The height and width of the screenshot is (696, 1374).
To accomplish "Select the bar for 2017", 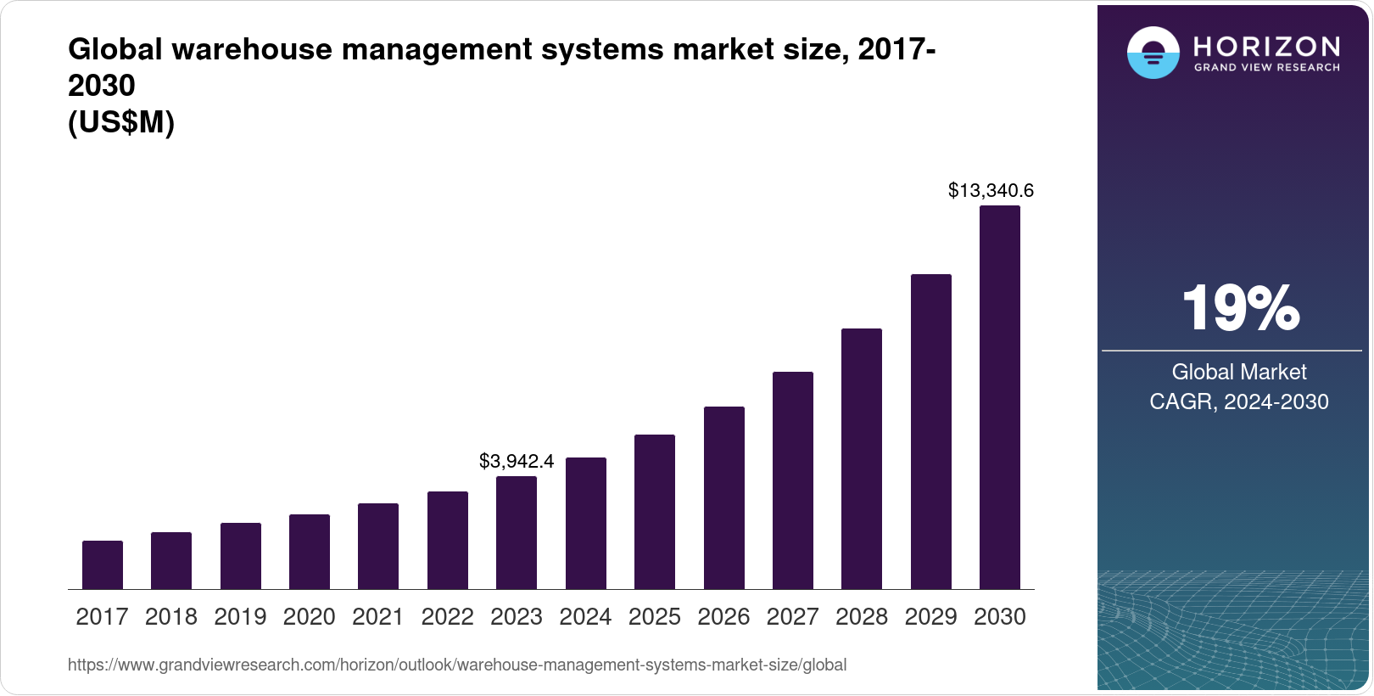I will tap(103, 564).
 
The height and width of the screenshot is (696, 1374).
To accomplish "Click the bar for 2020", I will tap(310, 552).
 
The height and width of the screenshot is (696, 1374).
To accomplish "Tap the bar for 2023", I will tap(517, 532).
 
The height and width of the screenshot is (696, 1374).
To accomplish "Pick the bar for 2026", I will tap(724, 497).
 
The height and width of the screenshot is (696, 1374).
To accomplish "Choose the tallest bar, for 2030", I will tap(1000, 397).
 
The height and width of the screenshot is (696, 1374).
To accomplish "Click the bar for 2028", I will tap(862, 458).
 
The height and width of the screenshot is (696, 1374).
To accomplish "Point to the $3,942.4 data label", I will tap(517, 461).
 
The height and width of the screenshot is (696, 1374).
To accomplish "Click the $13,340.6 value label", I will tap(991, 190).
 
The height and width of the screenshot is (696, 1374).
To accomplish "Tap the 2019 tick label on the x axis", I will tap(240, 616).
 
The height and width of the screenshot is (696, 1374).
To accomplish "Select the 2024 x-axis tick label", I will tap(585, 616).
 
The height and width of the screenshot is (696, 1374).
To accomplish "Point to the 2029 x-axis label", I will tap(930, 616).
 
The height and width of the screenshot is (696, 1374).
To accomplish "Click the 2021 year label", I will tap(378, 616).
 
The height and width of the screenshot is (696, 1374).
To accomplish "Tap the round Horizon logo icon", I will tap(1153, 53).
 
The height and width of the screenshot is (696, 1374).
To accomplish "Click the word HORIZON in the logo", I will tap(1267, 46).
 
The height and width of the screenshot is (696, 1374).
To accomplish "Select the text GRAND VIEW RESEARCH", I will tap(1267, 68).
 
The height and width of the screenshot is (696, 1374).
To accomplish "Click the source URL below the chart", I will tap(457, 665).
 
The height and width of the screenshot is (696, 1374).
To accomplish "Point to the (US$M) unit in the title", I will tap(121, 123).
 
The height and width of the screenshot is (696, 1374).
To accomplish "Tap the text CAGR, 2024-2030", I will tap(1239, 401).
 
